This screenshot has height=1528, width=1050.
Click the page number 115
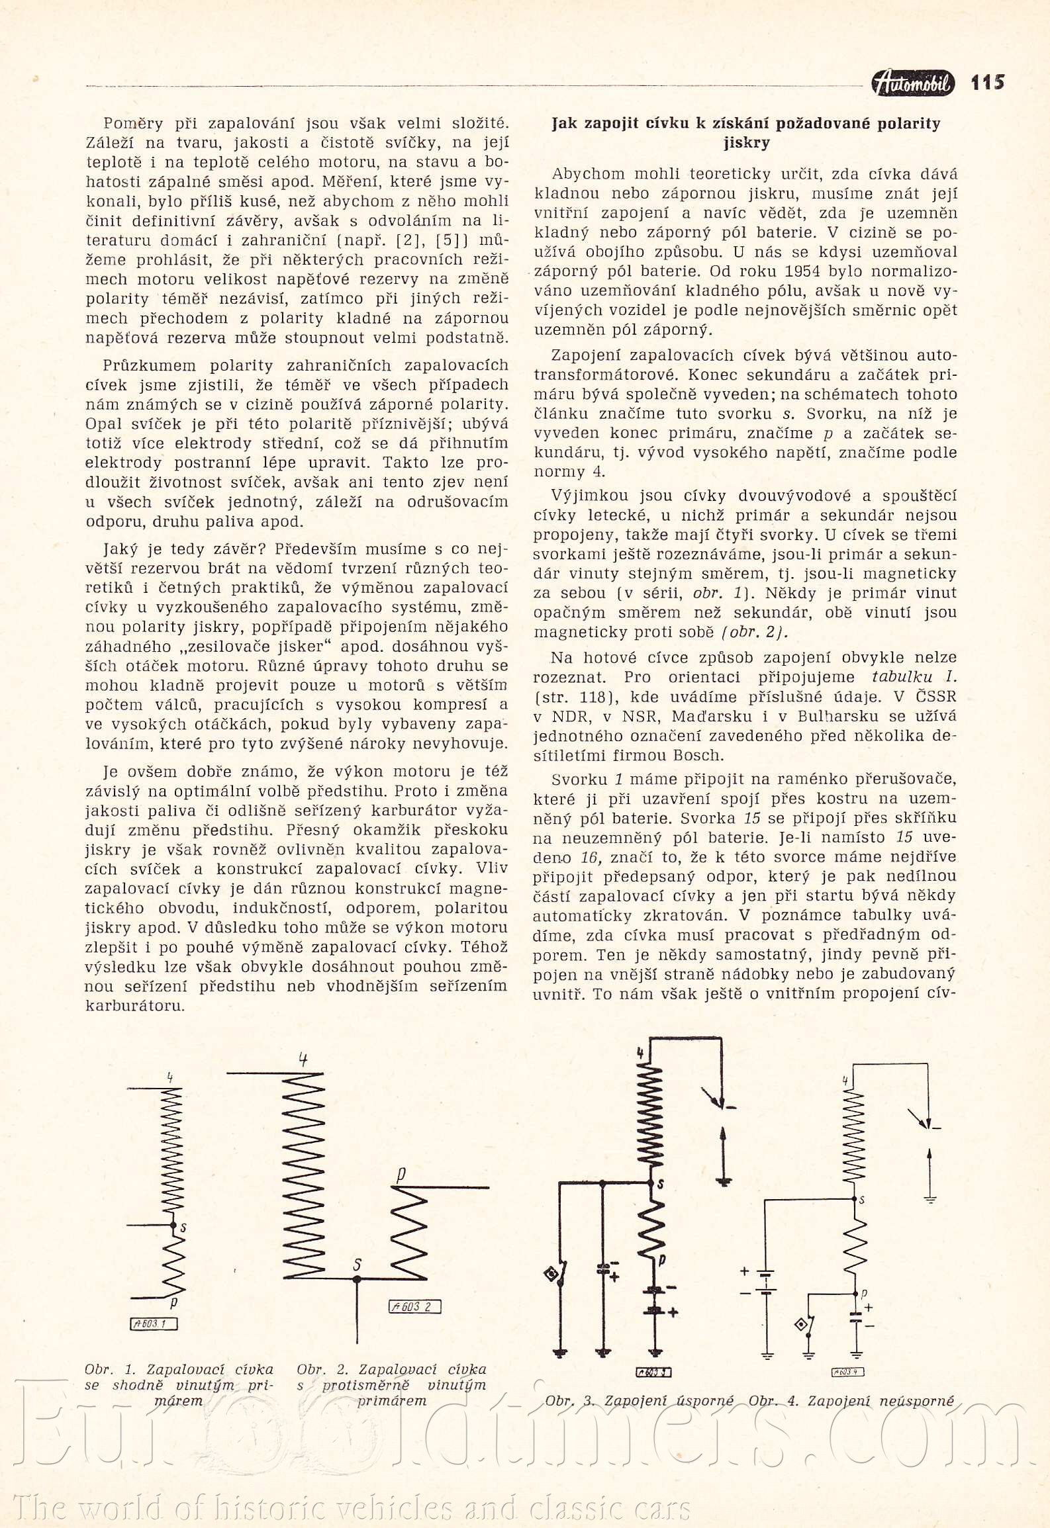[x=987, y=83]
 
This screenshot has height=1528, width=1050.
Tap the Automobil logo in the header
[x=913, y=83]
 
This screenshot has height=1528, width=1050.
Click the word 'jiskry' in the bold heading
[x=746, y=142]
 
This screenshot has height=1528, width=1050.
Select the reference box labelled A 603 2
[x=414, y=1306]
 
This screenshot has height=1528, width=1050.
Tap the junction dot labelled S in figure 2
[x=357, y=1279]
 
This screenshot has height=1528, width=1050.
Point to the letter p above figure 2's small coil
[x=401, y=1174]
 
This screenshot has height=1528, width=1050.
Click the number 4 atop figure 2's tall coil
[x=303, y=1059]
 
